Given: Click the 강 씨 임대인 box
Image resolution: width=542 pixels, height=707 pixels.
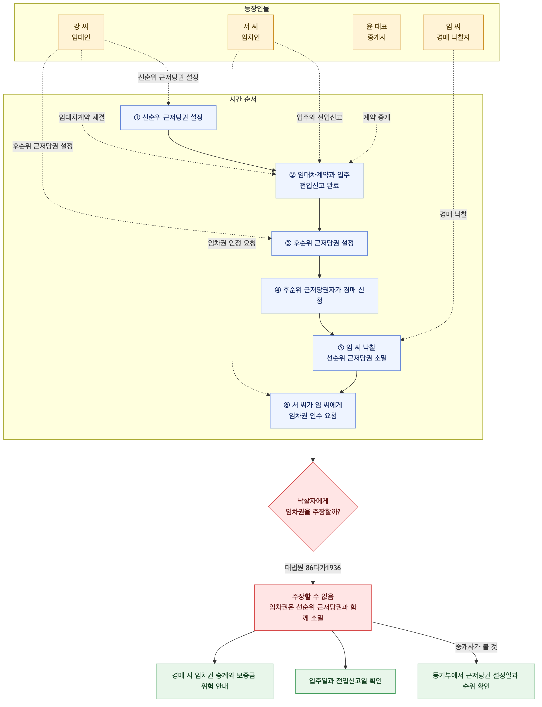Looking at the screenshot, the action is tap(81, 32).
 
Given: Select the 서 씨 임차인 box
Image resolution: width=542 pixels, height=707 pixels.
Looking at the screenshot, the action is tap(251, 32).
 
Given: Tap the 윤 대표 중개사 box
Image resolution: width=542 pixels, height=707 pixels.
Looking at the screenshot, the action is tap(377, 32).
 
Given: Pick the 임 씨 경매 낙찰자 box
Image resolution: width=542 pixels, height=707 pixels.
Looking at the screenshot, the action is tap(453, 32).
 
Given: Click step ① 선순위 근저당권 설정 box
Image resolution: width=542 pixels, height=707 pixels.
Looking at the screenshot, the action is tap(168, 118).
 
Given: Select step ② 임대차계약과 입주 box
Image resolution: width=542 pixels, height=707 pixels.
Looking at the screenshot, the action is tap(319, 181).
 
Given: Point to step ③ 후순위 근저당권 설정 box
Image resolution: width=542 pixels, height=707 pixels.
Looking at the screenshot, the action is tap(319, 243).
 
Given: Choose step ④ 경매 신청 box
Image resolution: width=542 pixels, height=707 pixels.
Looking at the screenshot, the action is tap(319, 296).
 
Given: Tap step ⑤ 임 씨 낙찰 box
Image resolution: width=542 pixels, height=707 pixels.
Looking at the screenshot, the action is tap(357, 353).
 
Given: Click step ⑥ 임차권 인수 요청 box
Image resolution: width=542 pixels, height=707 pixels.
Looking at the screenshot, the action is tap(313, 410).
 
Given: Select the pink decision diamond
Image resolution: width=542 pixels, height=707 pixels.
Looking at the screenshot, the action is tap(313, 507).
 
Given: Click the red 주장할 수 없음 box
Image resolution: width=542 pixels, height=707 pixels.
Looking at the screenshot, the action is tap(313, 607).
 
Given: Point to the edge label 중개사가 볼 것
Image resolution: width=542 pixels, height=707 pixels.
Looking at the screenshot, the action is tap(476, 646).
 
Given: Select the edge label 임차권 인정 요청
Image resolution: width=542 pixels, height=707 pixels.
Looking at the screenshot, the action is tap(232, 243).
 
